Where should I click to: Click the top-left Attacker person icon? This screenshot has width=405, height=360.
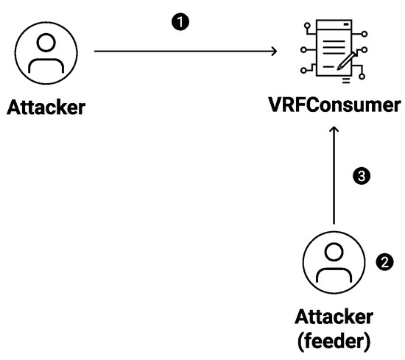tap(46, 52)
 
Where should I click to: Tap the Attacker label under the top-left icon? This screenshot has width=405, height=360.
tap(46, 107)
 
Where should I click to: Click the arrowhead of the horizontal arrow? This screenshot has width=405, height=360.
tap(272, 51)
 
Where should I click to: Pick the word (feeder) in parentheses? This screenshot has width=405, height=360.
tap(334, 340)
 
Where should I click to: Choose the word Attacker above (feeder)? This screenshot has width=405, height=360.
tap(334, 318)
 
